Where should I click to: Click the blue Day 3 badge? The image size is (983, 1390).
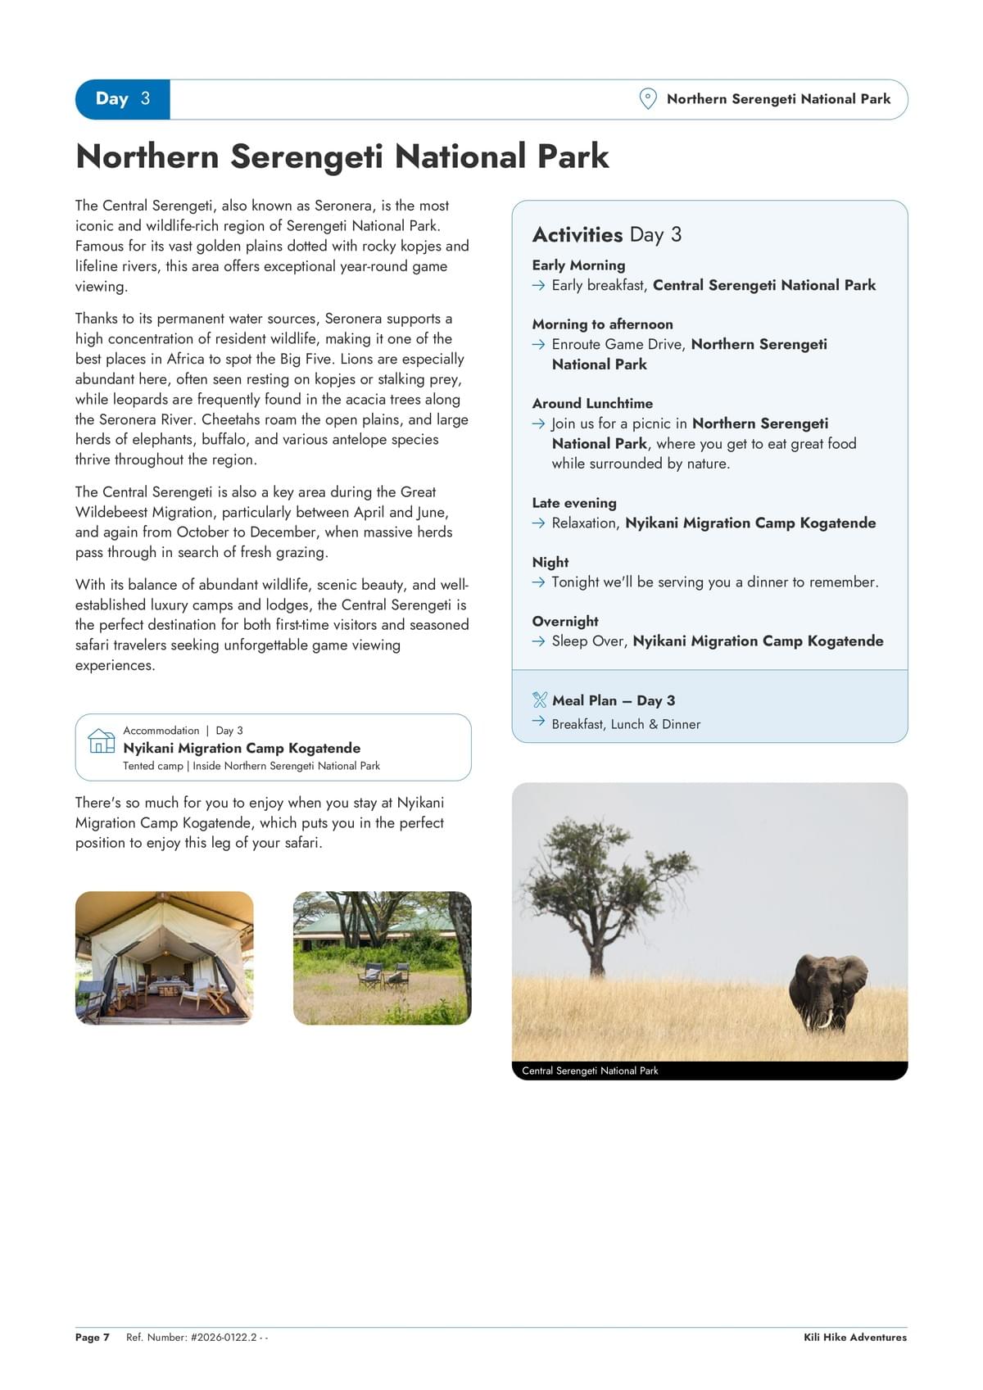coord(123,99)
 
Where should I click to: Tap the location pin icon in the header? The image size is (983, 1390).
coord(647,99)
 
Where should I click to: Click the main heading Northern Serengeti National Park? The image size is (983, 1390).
coord(342,156)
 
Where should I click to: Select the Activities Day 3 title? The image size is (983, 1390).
coord(606,235)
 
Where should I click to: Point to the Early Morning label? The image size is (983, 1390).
coord(578,265)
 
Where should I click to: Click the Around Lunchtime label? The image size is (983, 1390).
coord(592,403)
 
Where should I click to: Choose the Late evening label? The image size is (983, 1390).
coord(574,503)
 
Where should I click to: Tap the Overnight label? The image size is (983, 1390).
coord(565,621)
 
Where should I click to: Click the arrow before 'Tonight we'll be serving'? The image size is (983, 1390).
coord(538,582)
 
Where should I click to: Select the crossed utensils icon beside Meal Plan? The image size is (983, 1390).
coord(539,700)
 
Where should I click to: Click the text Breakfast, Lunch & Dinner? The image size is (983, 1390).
coord(626,724)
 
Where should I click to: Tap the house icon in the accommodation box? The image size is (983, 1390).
coord(102,740)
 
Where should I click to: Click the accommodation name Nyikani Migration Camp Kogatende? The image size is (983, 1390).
coord(242,748)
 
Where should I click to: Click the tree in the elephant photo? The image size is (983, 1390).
coord(602,885)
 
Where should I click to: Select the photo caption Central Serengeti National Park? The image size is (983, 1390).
coord(590,1071)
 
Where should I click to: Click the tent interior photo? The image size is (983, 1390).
coord(165,958)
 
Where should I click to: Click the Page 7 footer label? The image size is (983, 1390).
coord(92,1338)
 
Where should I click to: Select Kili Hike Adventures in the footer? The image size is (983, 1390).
coord(854,1338)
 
